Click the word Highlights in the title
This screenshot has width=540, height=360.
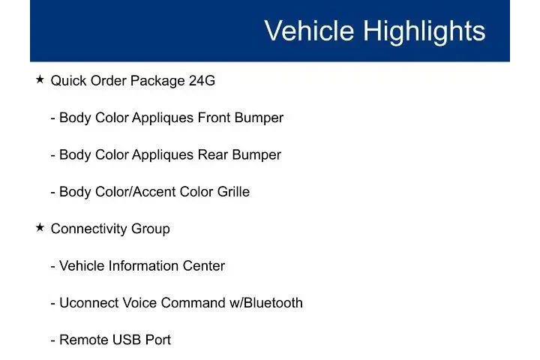click(x=424, y=31)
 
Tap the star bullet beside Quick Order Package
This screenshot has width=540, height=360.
click(x=40, y=79)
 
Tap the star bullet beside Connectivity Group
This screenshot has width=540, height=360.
click(x=40, y=227)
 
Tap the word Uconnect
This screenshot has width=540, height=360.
click(x=91, y=303)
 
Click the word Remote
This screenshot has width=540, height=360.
click(x=83, y=340)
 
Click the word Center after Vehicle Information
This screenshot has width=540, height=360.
click(x=203, y=266)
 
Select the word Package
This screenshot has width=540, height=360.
click(x=157, y=81)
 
